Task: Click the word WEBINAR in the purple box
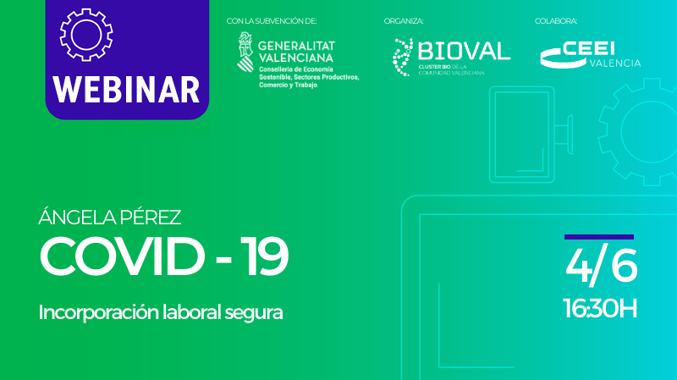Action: (127, 88)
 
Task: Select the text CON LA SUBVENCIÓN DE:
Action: (272, 20)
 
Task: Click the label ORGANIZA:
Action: (404, 20)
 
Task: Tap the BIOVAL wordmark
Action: (464, 51)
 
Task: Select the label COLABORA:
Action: (556, 20)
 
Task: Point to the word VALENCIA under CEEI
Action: (614, 63)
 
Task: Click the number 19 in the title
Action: (263, 256)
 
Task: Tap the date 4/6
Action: (601, 267)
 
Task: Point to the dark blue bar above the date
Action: (599, 237)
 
